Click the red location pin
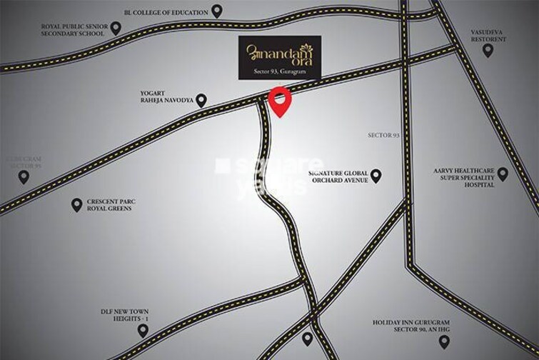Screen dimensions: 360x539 [280, 100]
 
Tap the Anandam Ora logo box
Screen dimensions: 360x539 [280, 57]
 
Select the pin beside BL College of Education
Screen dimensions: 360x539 [218, 11]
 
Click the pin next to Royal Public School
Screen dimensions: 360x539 [116, 28]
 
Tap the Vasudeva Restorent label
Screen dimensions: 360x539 [488, 34]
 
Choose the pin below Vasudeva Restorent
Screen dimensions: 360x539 [488, 50]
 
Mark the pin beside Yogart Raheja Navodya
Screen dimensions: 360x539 [201, 101]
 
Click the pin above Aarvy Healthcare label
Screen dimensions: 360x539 [503, 173]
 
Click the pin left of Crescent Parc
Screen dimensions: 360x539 [76, 205]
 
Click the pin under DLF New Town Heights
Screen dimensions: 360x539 [143, 331]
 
